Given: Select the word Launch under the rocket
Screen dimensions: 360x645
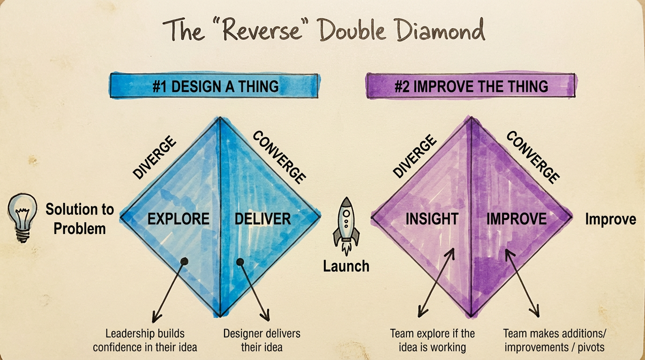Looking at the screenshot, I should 346,266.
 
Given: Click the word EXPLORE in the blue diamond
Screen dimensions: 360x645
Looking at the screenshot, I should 178,218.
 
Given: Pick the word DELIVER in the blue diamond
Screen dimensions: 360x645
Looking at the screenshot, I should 262,218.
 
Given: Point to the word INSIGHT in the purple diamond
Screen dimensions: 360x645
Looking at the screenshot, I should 432,218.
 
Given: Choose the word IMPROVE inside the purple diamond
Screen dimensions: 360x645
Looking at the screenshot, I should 516,218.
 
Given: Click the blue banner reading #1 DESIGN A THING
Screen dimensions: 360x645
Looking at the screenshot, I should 215,86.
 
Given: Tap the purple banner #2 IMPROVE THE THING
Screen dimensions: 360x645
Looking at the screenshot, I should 471,86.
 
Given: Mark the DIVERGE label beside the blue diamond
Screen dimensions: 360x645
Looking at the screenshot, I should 154,157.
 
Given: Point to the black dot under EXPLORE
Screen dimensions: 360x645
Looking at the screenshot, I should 184,261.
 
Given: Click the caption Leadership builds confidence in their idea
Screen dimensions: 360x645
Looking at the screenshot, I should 145,340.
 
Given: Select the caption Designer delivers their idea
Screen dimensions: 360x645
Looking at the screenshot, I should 262,340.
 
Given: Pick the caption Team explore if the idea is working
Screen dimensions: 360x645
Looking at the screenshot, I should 432,340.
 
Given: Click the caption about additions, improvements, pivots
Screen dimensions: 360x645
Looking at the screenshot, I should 555,340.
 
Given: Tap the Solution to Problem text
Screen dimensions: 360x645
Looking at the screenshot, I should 80,218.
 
